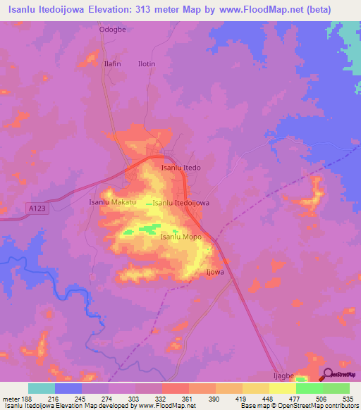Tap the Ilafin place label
pyautogui.click(x=113, y=63)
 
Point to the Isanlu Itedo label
pyautogui.click(x=181, y=168)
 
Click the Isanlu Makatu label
pyautogui.click(x=111, y=202)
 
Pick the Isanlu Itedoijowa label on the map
pyautogui.click(x=181, y=203)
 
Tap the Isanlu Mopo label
pyautogui.click(x=181, y=237)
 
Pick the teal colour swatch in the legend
pyautogui.click(x=42, y=388)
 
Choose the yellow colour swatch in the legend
pyautogui.click(x=282, y=388)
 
